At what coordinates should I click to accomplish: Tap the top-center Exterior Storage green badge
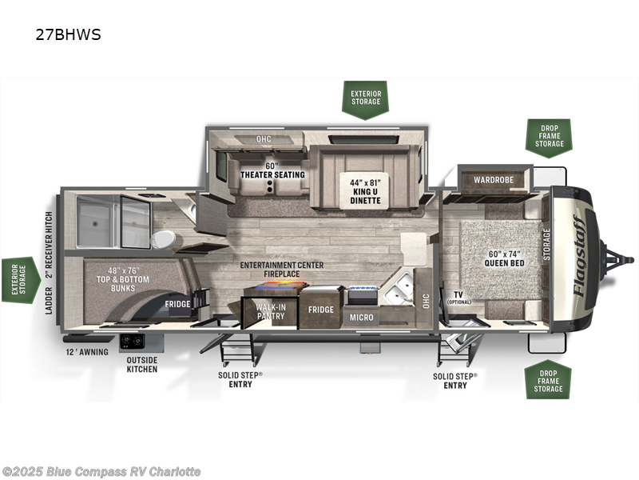pos(365,98)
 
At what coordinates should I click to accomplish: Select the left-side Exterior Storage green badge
pos(19,280)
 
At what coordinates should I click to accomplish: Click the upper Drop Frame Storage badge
pos(549,137)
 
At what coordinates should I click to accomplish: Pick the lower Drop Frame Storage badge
pos(549,378)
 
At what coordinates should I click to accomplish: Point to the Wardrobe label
pos(495,180)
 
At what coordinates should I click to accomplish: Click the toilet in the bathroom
pos(163,238)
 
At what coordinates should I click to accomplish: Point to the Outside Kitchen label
pos(142,364)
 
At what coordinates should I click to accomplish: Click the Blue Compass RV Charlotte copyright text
pos(101,471)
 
